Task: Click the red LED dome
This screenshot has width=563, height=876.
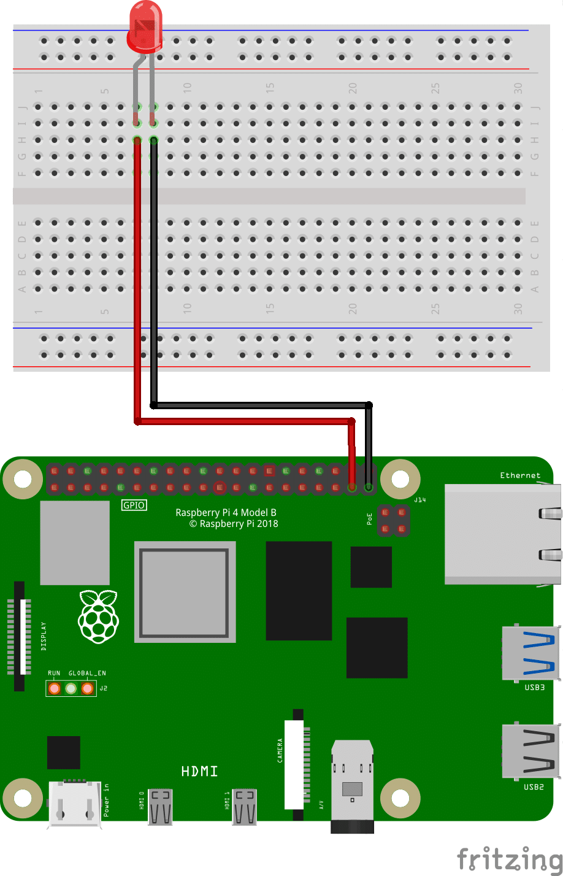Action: (145, 26)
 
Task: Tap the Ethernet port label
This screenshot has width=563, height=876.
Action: (520, 475)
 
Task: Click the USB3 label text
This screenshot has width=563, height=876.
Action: (534, 687)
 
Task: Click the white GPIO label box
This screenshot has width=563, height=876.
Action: (134, 505)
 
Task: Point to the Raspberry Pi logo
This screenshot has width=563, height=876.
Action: (98, 616)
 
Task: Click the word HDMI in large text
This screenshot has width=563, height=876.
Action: (199, 771)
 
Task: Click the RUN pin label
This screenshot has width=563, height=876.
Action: (54, 673)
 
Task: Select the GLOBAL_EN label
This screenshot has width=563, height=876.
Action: (87, 673)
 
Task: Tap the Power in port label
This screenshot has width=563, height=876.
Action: (106, 799)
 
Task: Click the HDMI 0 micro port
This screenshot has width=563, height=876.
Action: (161, 805)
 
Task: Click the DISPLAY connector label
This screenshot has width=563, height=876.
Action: (43, 636)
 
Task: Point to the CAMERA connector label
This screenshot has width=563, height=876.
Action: (280, 750)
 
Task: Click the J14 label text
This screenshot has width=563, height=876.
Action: (419, 500)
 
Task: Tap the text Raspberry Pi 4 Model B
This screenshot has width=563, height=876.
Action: (226, 512)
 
